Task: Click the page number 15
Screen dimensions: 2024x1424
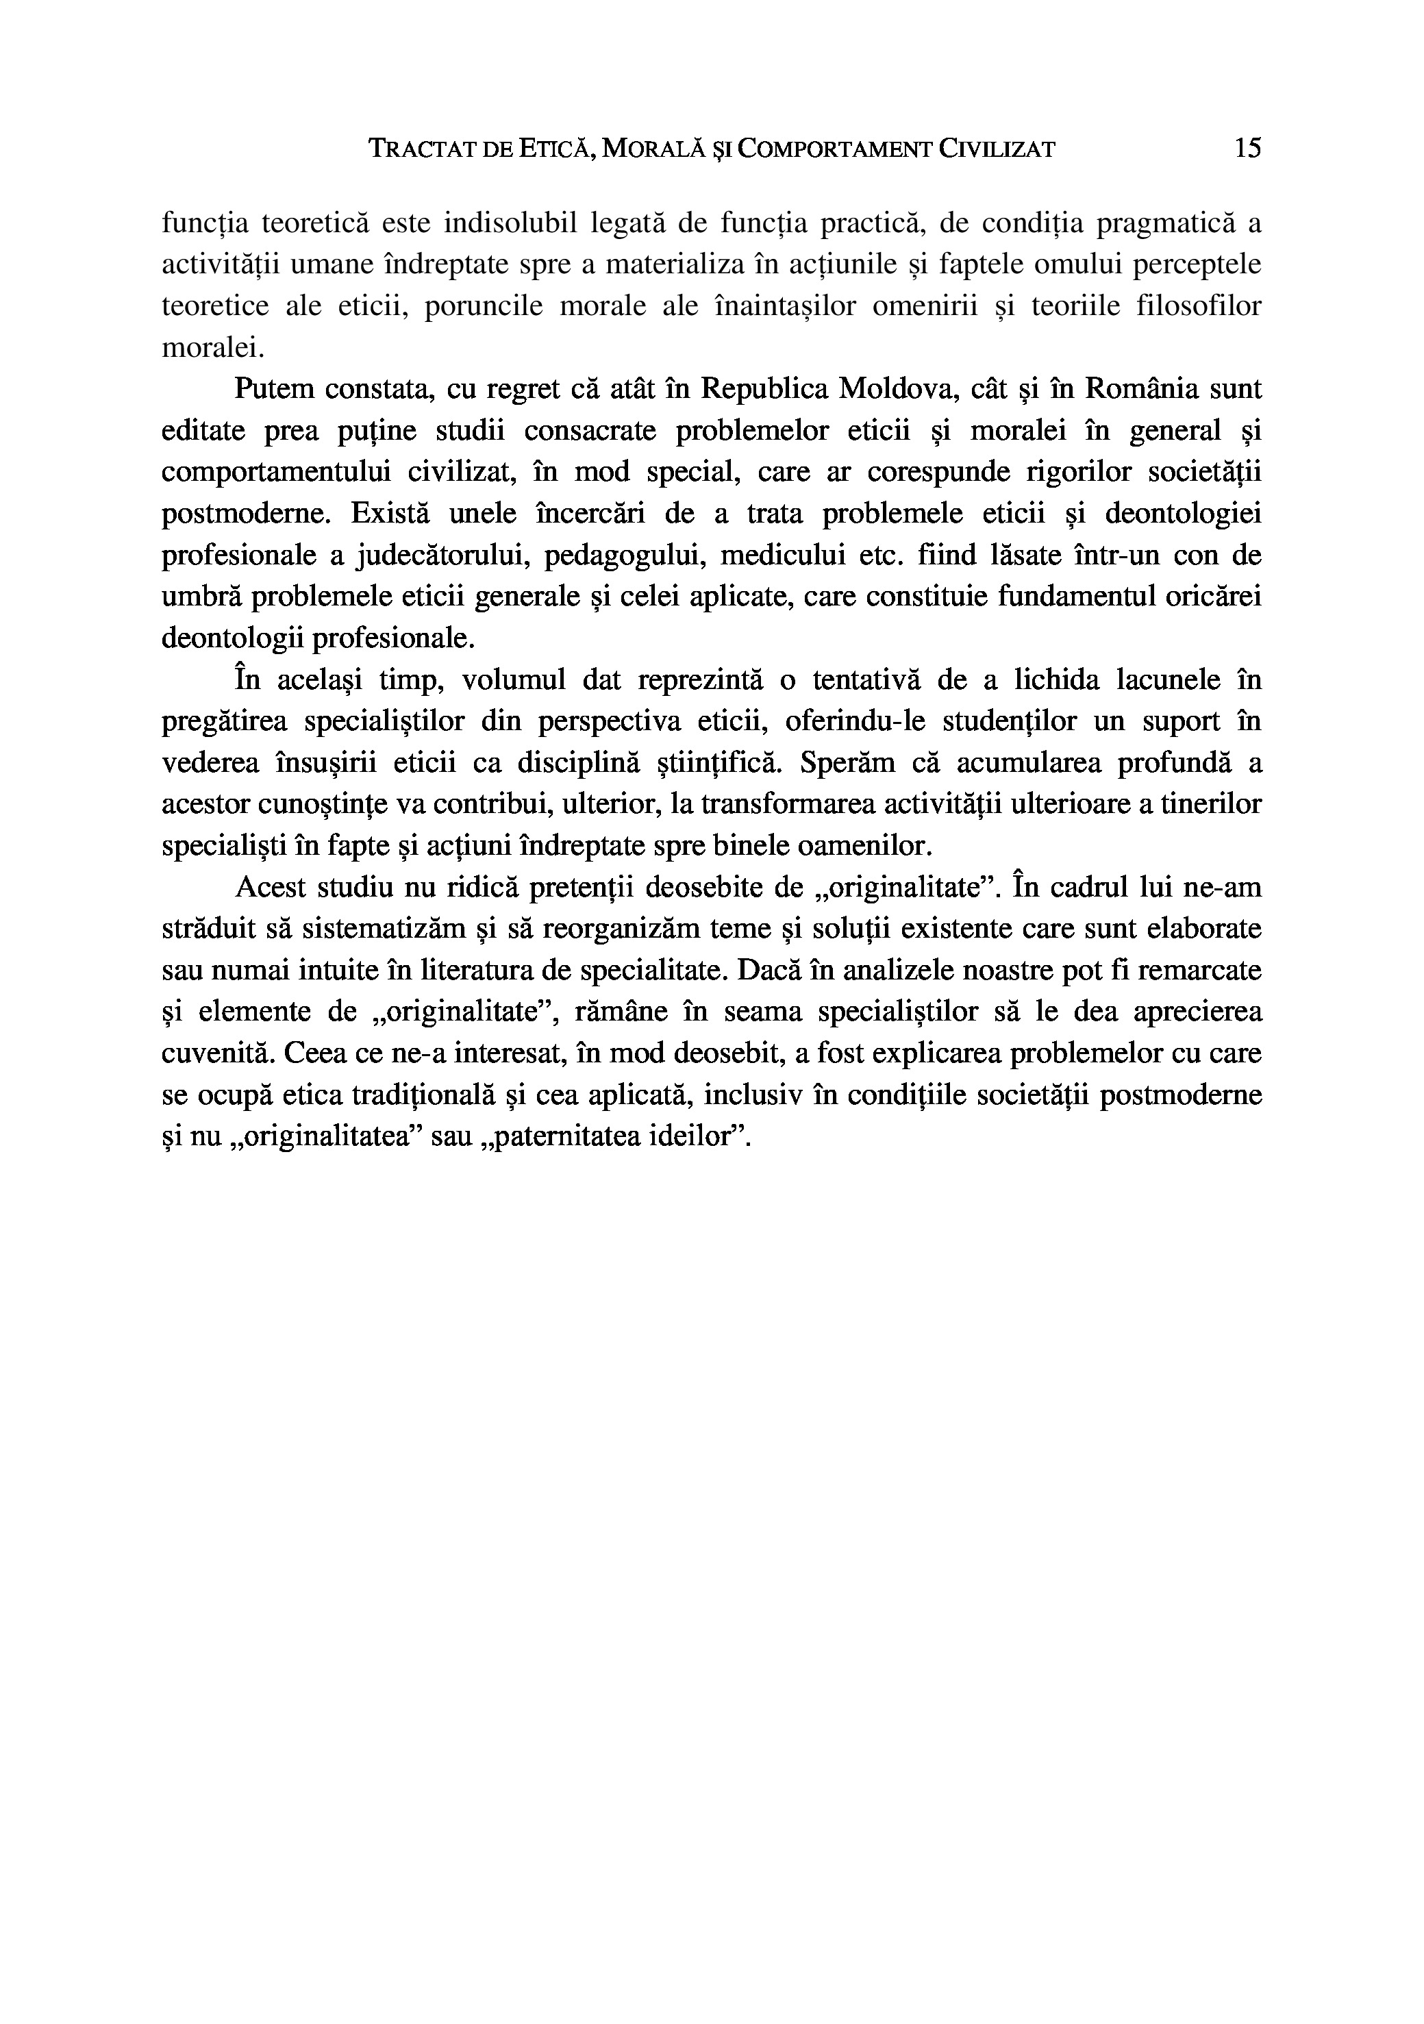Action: [1248, 148]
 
